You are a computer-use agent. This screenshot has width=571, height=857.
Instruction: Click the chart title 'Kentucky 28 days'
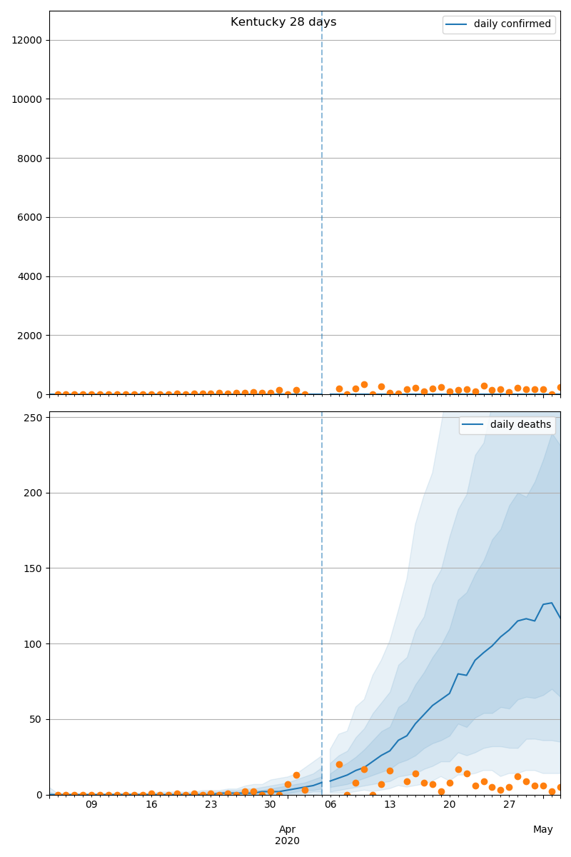(x=283, y=22)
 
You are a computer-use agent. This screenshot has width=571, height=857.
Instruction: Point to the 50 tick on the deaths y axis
(x=36, y=719)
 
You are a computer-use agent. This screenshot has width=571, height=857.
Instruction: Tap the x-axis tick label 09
(x=91, y=805)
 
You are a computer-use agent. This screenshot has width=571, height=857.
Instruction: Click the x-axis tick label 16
(x=151, y=805)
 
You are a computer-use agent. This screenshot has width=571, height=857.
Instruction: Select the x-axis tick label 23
(x=211, y=805)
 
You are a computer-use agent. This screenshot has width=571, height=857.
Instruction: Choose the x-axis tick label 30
(x=271, y=805)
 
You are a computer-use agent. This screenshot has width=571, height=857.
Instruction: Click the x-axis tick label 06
(x=330, y=805)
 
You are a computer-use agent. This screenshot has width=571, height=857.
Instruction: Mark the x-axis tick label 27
(x=509, y=805)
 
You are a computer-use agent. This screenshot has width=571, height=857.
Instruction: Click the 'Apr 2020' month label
(x=287, y=835)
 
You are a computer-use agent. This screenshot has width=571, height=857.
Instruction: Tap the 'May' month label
(x=543, y=829)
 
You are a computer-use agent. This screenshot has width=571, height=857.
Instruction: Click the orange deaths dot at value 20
(x=339, y=764)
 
